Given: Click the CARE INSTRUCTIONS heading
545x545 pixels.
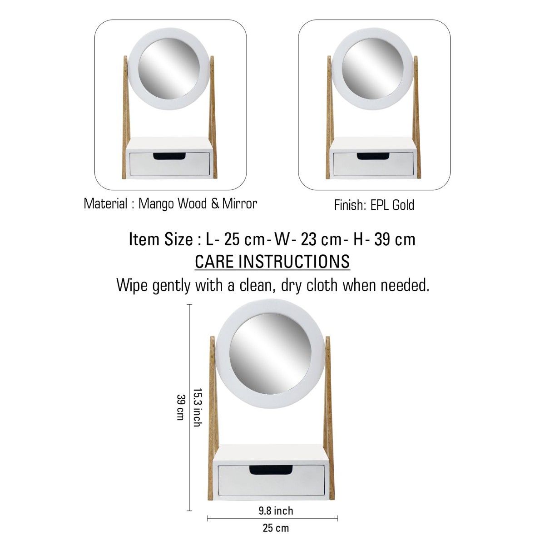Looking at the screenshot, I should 272,262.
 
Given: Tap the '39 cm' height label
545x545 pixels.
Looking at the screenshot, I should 180,407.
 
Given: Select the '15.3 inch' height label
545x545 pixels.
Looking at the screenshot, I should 197,407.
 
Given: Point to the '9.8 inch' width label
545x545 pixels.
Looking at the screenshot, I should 276,511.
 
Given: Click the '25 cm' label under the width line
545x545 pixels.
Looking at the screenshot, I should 276,528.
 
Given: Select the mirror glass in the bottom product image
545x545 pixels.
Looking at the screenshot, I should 272,347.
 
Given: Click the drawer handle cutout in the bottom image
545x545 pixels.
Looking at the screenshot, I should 271,469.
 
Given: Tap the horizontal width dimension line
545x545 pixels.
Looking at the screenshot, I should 272,517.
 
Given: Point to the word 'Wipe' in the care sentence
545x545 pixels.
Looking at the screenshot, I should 132,286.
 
